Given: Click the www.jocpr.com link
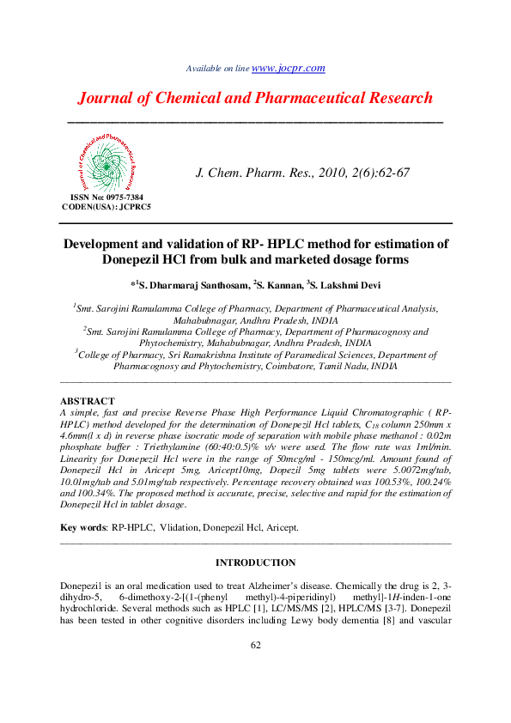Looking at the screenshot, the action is coord(289,68).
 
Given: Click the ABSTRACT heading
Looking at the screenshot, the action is coord(87,401).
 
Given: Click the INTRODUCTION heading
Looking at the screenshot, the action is coord(255,563).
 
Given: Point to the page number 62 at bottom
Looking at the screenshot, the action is coord(255,646).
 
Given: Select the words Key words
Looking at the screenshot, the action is coord(82,527).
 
